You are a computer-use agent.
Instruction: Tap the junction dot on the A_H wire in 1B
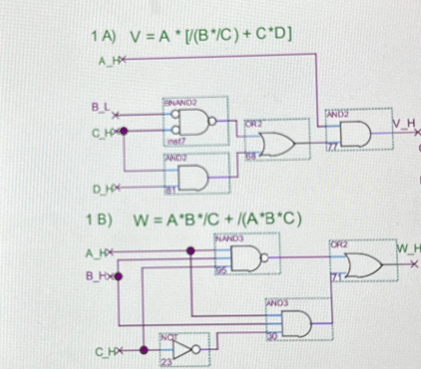point(191,251)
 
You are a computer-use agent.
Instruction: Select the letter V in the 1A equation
point(132,38)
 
